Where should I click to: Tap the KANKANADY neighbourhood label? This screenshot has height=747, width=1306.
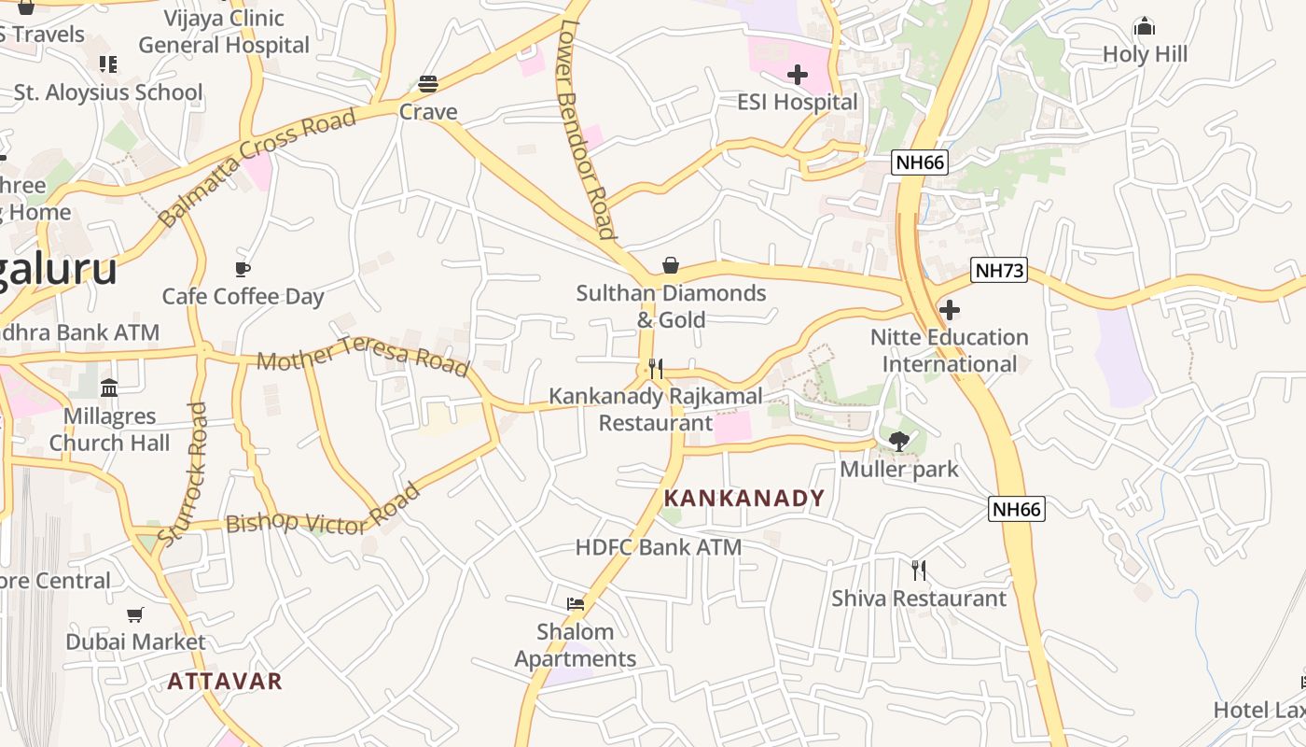pos(744,499)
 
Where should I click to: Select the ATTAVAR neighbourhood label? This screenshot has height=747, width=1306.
pos(225,681)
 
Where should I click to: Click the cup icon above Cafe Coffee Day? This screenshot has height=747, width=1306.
pos(243,270)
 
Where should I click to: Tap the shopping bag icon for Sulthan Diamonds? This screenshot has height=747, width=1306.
pos(670,266)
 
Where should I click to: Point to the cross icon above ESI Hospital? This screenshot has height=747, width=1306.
pos(798,75)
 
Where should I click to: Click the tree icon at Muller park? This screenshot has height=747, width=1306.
pos(899,442)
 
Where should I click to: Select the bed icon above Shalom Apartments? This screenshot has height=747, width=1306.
pos(576,604)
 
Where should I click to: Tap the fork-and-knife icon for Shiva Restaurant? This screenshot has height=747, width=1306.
pos(919,570)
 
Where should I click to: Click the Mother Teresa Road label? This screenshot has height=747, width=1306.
pos(363,356)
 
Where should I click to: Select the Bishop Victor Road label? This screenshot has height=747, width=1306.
pos(323,512)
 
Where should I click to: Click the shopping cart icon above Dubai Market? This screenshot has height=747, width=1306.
pos(135,614)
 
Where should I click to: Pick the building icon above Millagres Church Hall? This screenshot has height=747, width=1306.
pos(109,388)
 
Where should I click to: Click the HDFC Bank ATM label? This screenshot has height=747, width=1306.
pos(659,547)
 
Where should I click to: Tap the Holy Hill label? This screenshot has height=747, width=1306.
pos(1145,54)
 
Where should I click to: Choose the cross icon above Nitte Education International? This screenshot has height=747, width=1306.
pos(950,310)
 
